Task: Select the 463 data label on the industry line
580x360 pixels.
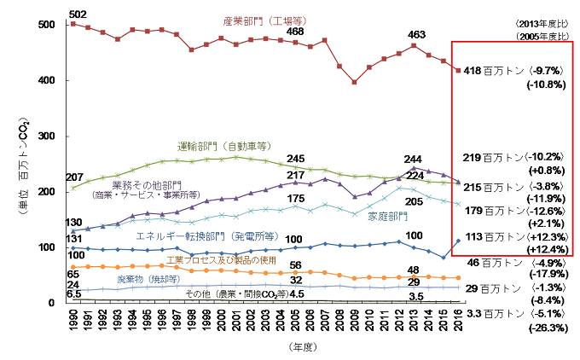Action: point(417,35)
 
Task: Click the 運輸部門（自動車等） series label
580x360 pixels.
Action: point(223,146)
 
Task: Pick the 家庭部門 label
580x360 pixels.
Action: point(386,217)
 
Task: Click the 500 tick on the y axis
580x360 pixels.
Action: point(55,25)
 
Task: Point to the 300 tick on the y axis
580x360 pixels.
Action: point(55,136)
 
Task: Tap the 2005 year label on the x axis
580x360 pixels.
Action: point(295,325)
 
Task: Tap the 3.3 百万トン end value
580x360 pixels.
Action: point(492,315)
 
